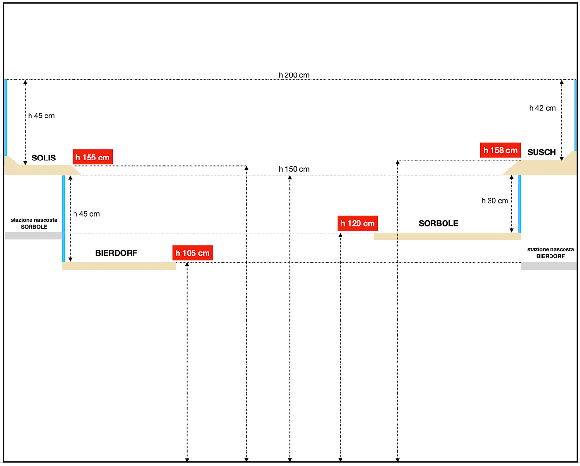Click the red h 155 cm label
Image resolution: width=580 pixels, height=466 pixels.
tap(92, 157)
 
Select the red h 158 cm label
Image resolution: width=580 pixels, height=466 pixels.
tap(500, 150)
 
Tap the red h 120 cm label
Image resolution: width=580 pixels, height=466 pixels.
tap(357, 223)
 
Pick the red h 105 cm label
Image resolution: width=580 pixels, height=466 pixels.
tap(193, 253)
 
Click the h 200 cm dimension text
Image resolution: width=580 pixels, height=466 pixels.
tap(294, 75)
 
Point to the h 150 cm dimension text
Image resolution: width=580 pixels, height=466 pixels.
tap(294, 169)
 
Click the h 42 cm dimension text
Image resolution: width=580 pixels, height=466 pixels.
tap(542, 108)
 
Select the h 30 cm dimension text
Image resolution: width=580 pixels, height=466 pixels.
tap(495, 200)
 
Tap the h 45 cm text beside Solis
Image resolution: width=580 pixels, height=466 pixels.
tap(41, 116)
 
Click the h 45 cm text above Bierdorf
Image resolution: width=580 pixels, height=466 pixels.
tap(86, 214)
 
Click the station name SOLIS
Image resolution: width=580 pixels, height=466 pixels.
tap(44, 158)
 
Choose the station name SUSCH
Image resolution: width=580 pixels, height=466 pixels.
tap(542, 152)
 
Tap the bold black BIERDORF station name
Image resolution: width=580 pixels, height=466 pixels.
tap(117, 252)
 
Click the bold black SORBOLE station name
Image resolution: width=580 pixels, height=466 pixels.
tap(438, 223)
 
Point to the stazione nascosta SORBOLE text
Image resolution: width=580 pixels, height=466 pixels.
tap(34, 223)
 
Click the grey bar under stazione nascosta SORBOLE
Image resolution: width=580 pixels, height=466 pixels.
tap(33, 235)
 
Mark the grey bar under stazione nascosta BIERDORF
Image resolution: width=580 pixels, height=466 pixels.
tap(549, 266)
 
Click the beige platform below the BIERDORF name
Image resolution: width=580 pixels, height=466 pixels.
tap(119, 266)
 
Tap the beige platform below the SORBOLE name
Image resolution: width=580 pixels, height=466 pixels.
tap(447, 236)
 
